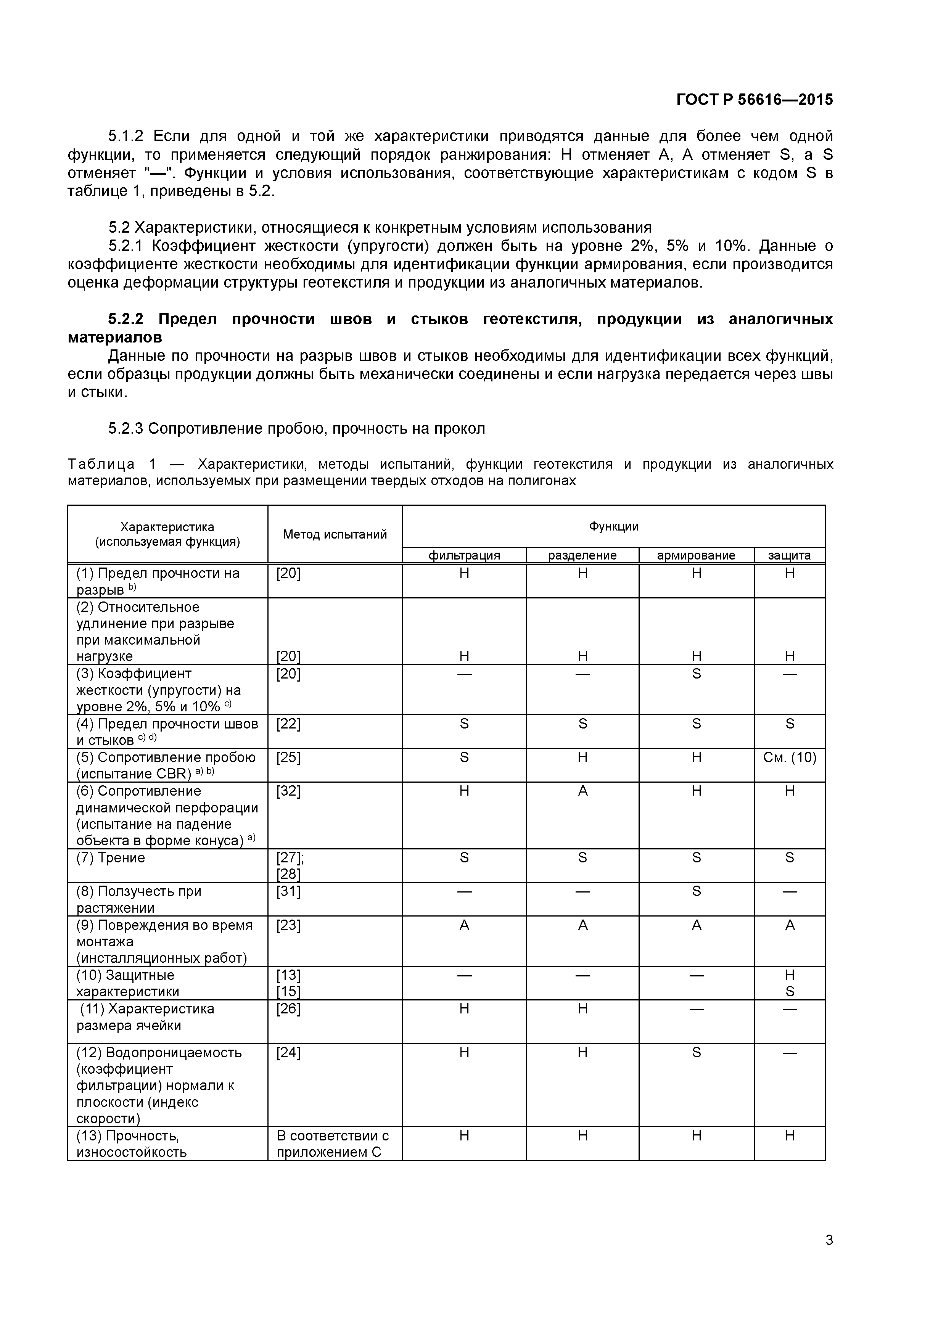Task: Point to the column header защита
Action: tap(789, 555)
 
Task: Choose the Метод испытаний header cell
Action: tap(335, 534)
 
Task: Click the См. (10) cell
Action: tap(789, 757)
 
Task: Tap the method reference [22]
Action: tap(288, 724)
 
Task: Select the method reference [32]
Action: tap(288, 791)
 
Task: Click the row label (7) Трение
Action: tap(111, 858)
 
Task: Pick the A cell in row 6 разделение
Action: tap(582, 791)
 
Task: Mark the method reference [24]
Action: tap(288, 1052)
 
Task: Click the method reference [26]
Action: tap(288, 1009)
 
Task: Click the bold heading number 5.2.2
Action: tap(125, 319)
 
